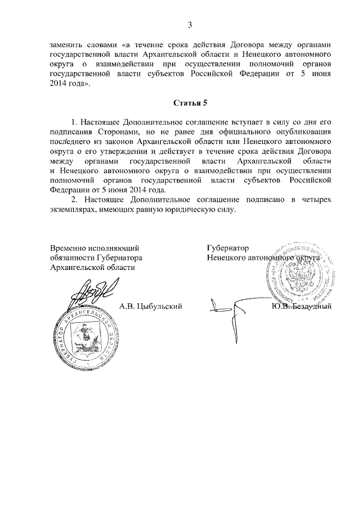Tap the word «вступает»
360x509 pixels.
click(237, 121)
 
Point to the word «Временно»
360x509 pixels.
click(67, 248)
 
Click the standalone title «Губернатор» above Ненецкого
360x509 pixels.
click(227, 248)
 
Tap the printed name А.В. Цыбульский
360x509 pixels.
click(151, 307)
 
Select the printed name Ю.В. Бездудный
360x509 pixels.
click(301, 307)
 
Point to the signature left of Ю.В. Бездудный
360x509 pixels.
click(225, 308)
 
